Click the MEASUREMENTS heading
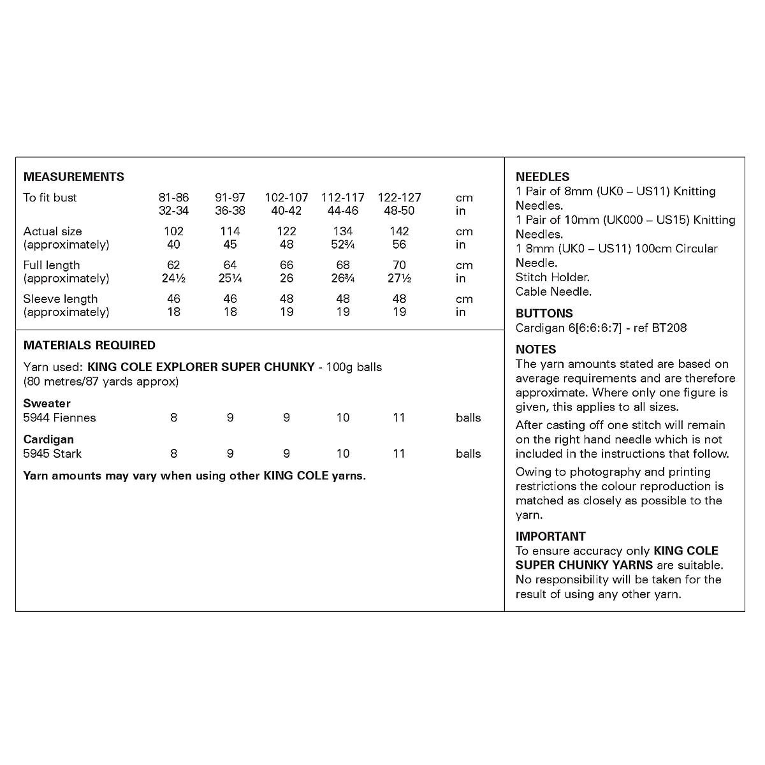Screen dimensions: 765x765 (x=74, y=177)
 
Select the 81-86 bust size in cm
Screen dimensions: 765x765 (x=173, y=198)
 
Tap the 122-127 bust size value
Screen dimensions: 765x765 (x=399, y=198)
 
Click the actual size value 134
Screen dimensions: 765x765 (x=343, y=231)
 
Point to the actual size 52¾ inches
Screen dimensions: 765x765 (x=343, y=245)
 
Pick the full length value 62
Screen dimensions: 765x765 (x=173, y=265)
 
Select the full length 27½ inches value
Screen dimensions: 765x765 (x=399, y=279)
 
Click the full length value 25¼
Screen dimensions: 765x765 (x=230, y=279)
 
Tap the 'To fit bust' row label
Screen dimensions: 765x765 (x=50, y=198)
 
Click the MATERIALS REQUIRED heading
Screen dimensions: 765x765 (x=89, y=345)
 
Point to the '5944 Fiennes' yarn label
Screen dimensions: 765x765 (x=59, y=418)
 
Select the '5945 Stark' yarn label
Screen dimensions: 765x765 (x=52, y=453)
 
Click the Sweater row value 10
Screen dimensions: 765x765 (x=343, y=418)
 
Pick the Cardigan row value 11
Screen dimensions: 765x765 (x=399, y=453)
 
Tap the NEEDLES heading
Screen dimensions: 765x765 (x=543, y=177)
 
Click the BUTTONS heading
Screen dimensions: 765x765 (x=544, y=313)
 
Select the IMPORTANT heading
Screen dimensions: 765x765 (x=550, y=536)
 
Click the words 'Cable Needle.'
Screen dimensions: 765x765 (x=553, y=291)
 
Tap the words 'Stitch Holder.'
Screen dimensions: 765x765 (x=552, y=277)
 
